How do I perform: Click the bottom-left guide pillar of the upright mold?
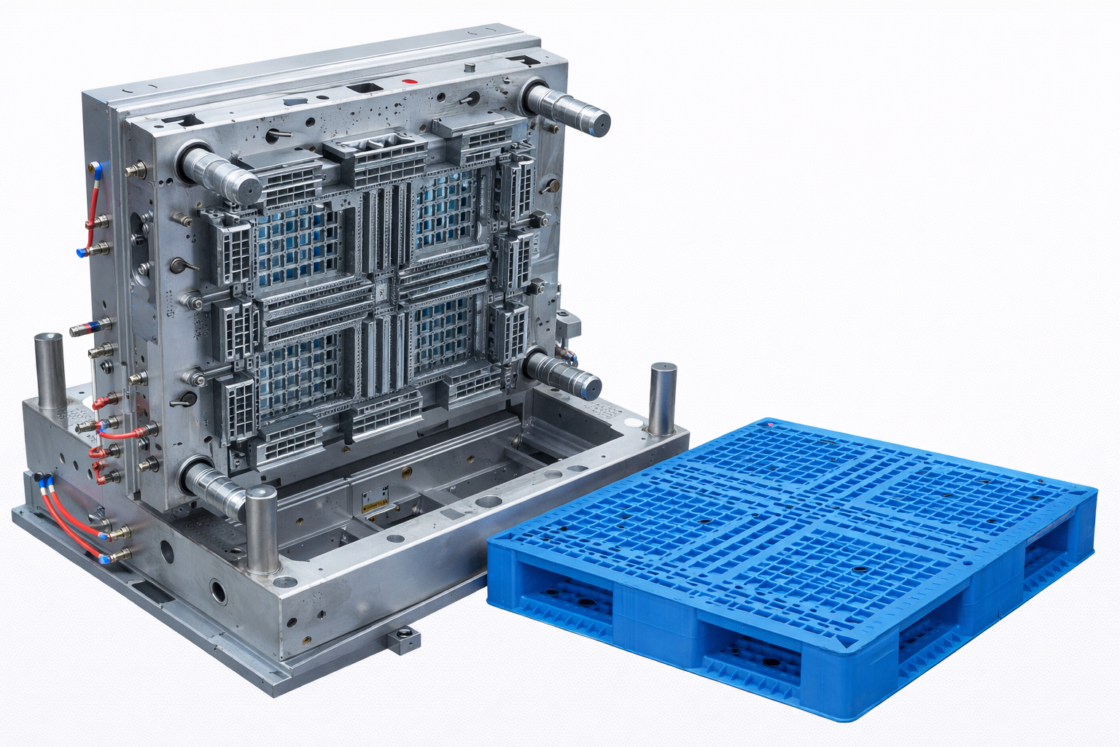coord(214,487)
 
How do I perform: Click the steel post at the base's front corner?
coord(262,530)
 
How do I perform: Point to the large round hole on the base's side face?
coord(218,590)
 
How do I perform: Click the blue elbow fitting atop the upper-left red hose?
coord(95,169)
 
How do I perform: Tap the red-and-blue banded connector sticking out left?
coord(89,328)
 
